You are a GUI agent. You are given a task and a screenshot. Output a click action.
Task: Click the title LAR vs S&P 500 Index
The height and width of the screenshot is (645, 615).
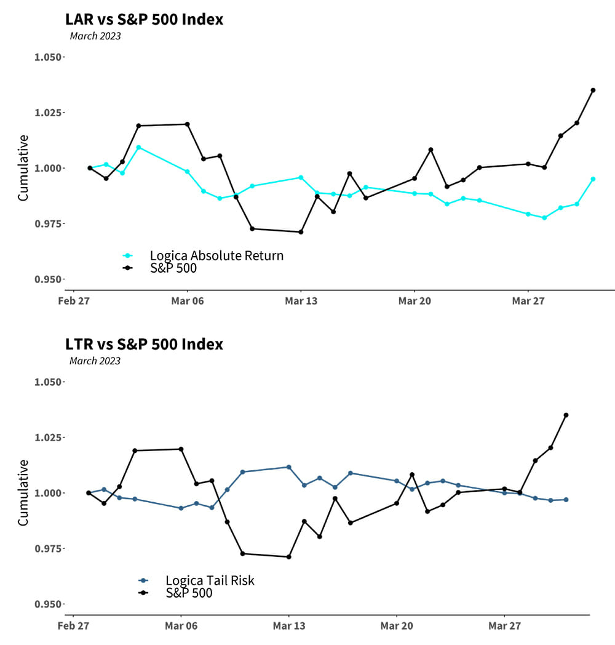tap(144, 20)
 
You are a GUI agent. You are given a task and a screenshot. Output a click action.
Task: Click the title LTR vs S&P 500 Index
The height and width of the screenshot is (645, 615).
tap(144, 344)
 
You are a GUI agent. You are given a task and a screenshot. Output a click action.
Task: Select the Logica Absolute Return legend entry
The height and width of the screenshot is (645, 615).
tap(216, 255)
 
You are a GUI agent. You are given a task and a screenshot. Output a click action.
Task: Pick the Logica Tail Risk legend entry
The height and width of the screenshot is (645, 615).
tap(210, 580)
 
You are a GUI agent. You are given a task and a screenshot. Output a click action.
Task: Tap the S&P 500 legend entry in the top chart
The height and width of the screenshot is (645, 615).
tap(173, 268)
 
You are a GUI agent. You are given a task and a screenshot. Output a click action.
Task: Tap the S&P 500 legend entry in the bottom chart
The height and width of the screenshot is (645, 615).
tap(189, 593)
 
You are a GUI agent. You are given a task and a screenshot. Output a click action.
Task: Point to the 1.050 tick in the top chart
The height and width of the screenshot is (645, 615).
tap(47, 57)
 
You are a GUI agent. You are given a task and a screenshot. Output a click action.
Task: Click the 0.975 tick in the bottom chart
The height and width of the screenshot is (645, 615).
tap(47, 548)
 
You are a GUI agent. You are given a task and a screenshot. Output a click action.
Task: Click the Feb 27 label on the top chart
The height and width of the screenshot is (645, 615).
tap(74, 301)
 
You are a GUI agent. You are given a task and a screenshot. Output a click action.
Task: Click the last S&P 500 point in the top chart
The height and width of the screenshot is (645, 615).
tap(593, 90)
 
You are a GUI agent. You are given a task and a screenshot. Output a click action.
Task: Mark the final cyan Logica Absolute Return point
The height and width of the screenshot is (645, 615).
tap(593, 179)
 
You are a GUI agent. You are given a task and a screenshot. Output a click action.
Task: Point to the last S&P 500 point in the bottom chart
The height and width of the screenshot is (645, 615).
tap(566, 415)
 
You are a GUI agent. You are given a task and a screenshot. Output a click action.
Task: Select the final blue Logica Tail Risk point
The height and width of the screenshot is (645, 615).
tap(566, 500)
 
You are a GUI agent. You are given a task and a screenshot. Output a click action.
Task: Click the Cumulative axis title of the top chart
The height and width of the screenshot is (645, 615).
tap(23, 168)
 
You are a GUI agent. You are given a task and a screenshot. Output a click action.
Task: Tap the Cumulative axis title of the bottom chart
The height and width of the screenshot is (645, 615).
tap(23, 493)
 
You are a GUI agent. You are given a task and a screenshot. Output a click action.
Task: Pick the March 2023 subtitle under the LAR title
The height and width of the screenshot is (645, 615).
tap(95, 36)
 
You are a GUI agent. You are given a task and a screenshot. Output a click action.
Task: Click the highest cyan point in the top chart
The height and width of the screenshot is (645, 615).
tap(138, 148)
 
